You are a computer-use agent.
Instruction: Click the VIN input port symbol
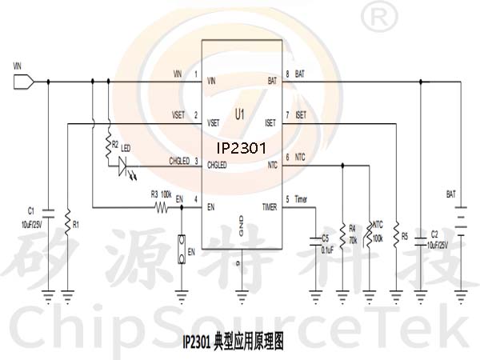pyautogui.click(x=22, y=81)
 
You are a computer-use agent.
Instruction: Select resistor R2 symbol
pyautogui.click(x=107, y=146)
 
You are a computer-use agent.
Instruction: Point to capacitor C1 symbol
pyautogui.click(x=49, y=214)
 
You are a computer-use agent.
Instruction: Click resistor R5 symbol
pyautogui.click(x=395, y=237)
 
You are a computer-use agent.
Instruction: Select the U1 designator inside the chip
pyautogui.click(x=240, y=117)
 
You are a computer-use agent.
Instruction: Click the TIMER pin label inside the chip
pyautogui.click(x=268, y=207)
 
